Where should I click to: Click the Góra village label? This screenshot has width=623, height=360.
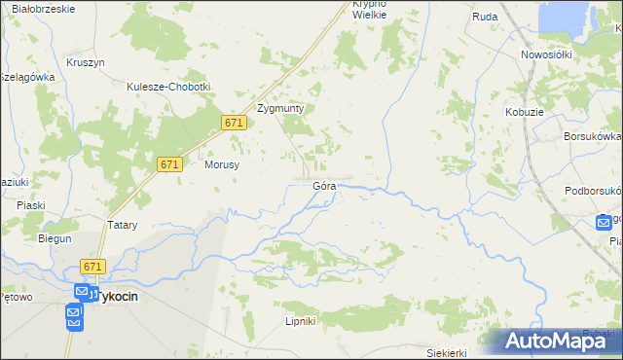tap(324, 185)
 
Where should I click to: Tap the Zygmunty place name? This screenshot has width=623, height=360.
tap(280, 109)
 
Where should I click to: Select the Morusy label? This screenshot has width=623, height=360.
tap(222, 164)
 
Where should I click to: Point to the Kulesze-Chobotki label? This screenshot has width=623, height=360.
tap(168, 86)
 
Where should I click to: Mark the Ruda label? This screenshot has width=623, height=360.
tap(485, 17)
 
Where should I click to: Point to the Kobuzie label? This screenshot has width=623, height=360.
tap(524, 113)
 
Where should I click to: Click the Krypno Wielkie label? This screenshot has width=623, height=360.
tap(370, 10)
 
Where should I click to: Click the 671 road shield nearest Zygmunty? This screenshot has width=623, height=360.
tap(233, 123)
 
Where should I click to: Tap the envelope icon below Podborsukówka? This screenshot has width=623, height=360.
tap(605, 223)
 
